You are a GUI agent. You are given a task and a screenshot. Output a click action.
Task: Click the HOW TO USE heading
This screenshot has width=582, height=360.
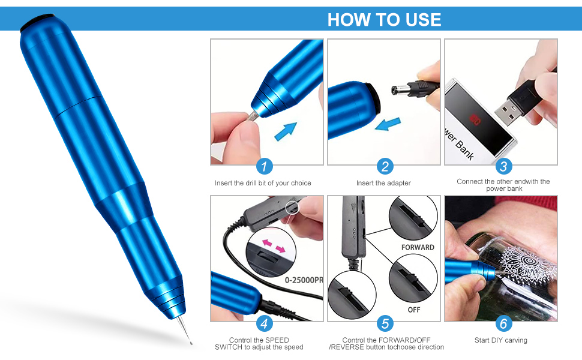(x=384, y=19)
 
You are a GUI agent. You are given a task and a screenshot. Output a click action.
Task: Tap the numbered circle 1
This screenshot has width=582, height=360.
(x=265, y=167)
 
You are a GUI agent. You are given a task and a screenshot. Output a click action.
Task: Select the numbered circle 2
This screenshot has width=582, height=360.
(x=385, y=167)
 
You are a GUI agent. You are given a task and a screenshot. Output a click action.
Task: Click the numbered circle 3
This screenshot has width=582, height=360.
(x=503, y=167)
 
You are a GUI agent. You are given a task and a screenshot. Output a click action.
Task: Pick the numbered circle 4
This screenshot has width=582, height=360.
(x=265, y=325)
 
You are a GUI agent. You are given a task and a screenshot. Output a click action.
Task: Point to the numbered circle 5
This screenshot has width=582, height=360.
(x=385, y=325)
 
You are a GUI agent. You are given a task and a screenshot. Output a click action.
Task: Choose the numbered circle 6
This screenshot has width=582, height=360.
(x=503, y=325)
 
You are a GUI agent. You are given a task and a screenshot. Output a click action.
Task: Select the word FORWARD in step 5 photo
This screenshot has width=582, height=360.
(x=418, y=247)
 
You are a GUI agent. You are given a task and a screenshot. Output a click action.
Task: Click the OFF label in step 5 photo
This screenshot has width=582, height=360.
(x=414, y=310)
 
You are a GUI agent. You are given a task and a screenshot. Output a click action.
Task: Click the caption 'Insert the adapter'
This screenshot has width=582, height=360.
(x=383, y=183)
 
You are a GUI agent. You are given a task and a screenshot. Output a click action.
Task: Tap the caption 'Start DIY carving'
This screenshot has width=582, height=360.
(x=500, y=340)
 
